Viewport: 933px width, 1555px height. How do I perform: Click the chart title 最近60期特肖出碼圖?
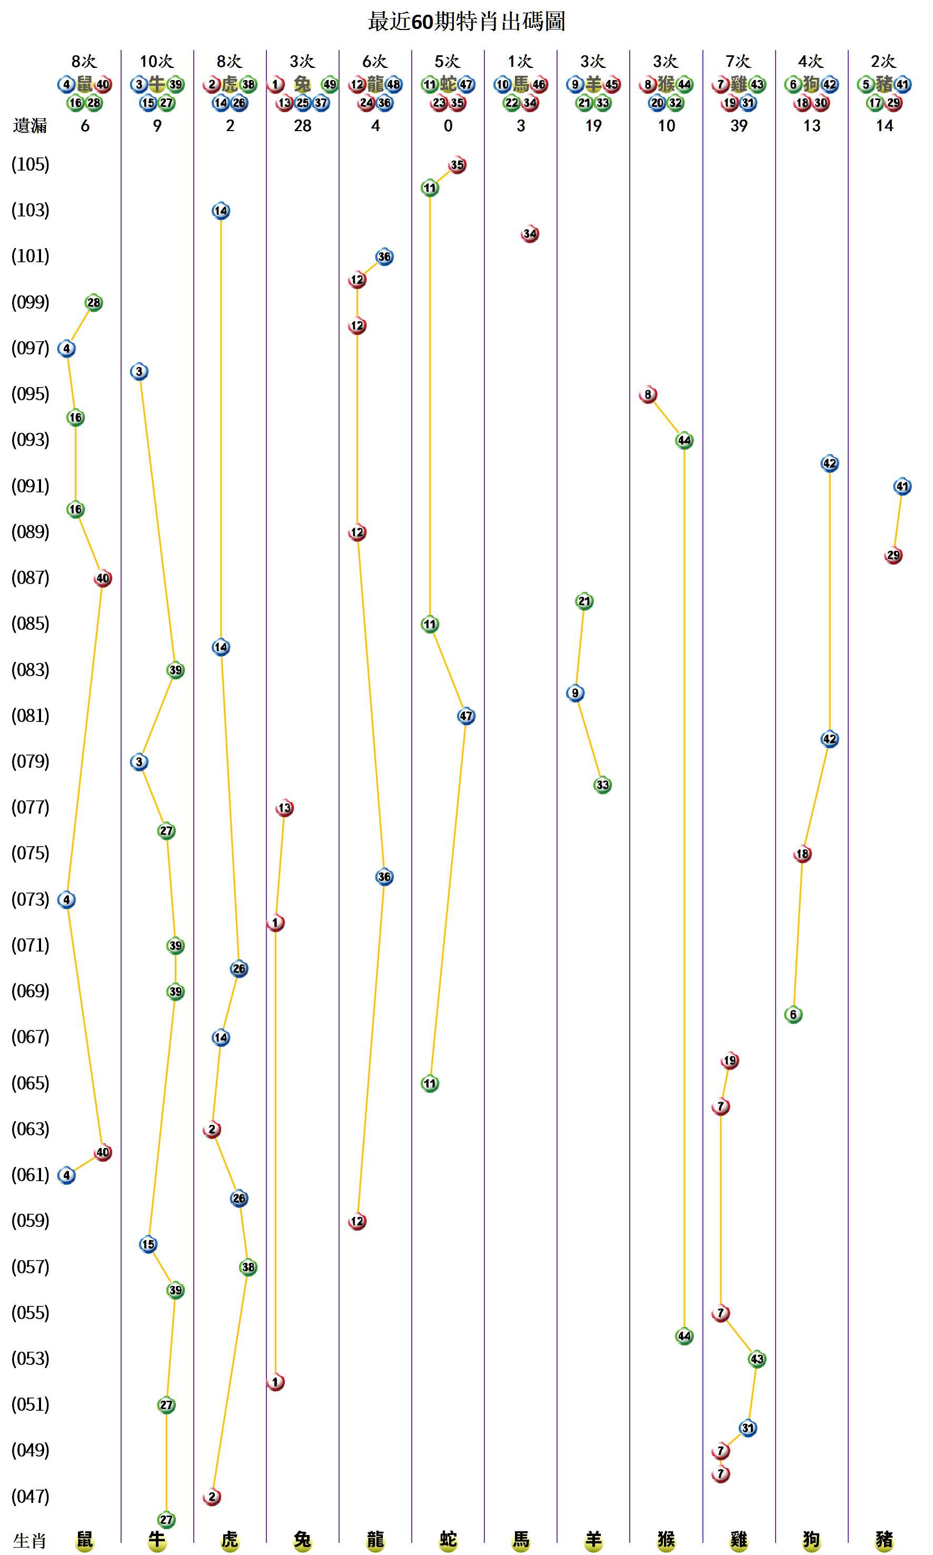pos(466,22)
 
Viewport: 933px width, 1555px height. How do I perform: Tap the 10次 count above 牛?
pos(156,62)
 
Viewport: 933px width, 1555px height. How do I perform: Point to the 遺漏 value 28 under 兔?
pos(302,126)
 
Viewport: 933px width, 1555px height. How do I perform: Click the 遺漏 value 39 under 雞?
pos(739,126)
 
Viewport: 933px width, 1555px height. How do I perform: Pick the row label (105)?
pos(30,164)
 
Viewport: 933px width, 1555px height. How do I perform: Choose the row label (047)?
pos(30,1496)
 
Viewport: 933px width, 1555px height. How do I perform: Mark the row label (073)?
pos(30,899)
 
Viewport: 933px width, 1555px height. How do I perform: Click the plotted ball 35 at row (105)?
pos(457,165)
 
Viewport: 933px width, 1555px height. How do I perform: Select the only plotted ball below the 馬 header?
pos(530,234)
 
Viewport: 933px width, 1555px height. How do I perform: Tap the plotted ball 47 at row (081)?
pos(466,716)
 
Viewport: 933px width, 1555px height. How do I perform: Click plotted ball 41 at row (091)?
pos(902,486)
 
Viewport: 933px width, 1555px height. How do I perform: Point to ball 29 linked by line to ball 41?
pos(894,555)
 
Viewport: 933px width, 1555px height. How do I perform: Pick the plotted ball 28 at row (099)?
pos(94,302)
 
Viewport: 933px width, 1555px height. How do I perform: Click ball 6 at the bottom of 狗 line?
pos(793,1014)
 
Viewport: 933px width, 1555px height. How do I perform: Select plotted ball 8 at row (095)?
pos(648,394)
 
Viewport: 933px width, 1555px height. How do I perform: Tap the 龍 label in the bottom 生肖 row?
pos(375,1539)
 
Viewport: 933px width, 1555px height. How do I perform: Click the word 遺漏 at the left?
pos(30,126)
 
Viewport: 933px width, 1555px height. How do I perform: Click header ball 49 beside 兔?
pos(330,84)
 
